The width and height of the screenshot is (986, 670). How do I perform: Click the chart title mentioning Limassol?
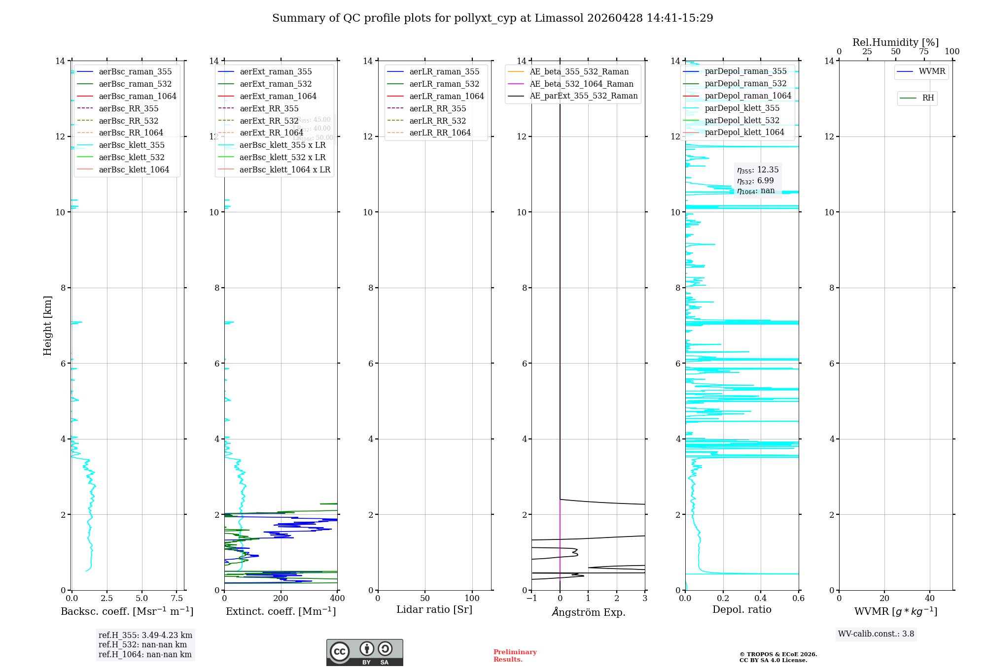[x=493, y=18]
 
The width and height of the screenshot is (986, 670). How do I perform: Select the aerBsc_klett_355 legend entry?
[x=131, y=145]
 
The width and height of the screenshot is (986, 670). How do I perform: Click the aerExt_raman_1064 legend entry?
[x=278, y=97]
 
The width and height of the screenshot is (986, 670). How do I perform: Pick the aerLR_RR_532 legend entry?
[x=437, y=121]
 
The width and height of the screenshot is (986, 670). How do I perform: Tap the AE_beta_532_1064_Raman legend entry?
[x=581, y=84]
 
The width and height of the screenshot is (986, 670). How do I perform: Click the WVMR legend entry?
[x=932, y=71]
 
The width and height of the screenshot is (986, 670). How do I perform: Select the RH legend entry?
[x=928, y=98]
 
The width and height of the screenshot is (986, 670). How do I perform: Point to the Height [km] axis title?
[x=47, y=325]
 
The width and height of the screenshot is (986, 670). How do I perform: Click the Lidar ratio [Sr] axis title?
[x=434, y=610]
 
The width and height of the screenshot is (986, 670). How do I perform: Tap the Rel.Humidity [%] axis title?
[x=895, y=42]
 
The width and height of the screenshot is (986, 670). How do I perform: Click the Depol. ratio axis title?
[x=741, y=610]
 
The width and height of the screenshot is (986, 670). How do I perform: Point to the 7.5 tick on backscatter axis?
[x=177, y=599]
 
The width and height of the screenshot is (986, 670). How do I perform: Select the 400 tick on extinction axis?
[x=337, y=599]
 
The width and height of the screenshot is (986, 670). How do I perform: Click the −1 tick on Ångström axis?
[x=531, y=599]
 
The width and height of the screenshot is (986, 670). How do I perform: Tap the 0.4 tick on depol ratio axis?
[x=761, y=599]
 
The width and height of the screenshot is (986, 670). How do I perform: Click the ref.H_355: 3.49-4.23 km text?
[x=145, y=636]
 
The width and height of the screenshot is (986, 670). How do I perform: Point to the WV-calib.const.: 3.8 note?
[x=876, y=634]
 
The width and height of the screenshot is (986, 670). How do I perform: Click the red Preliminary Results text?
[x=515, y=656]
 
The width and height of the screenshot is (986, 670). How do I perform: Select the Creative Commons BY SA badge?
[x=364, y=652]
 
